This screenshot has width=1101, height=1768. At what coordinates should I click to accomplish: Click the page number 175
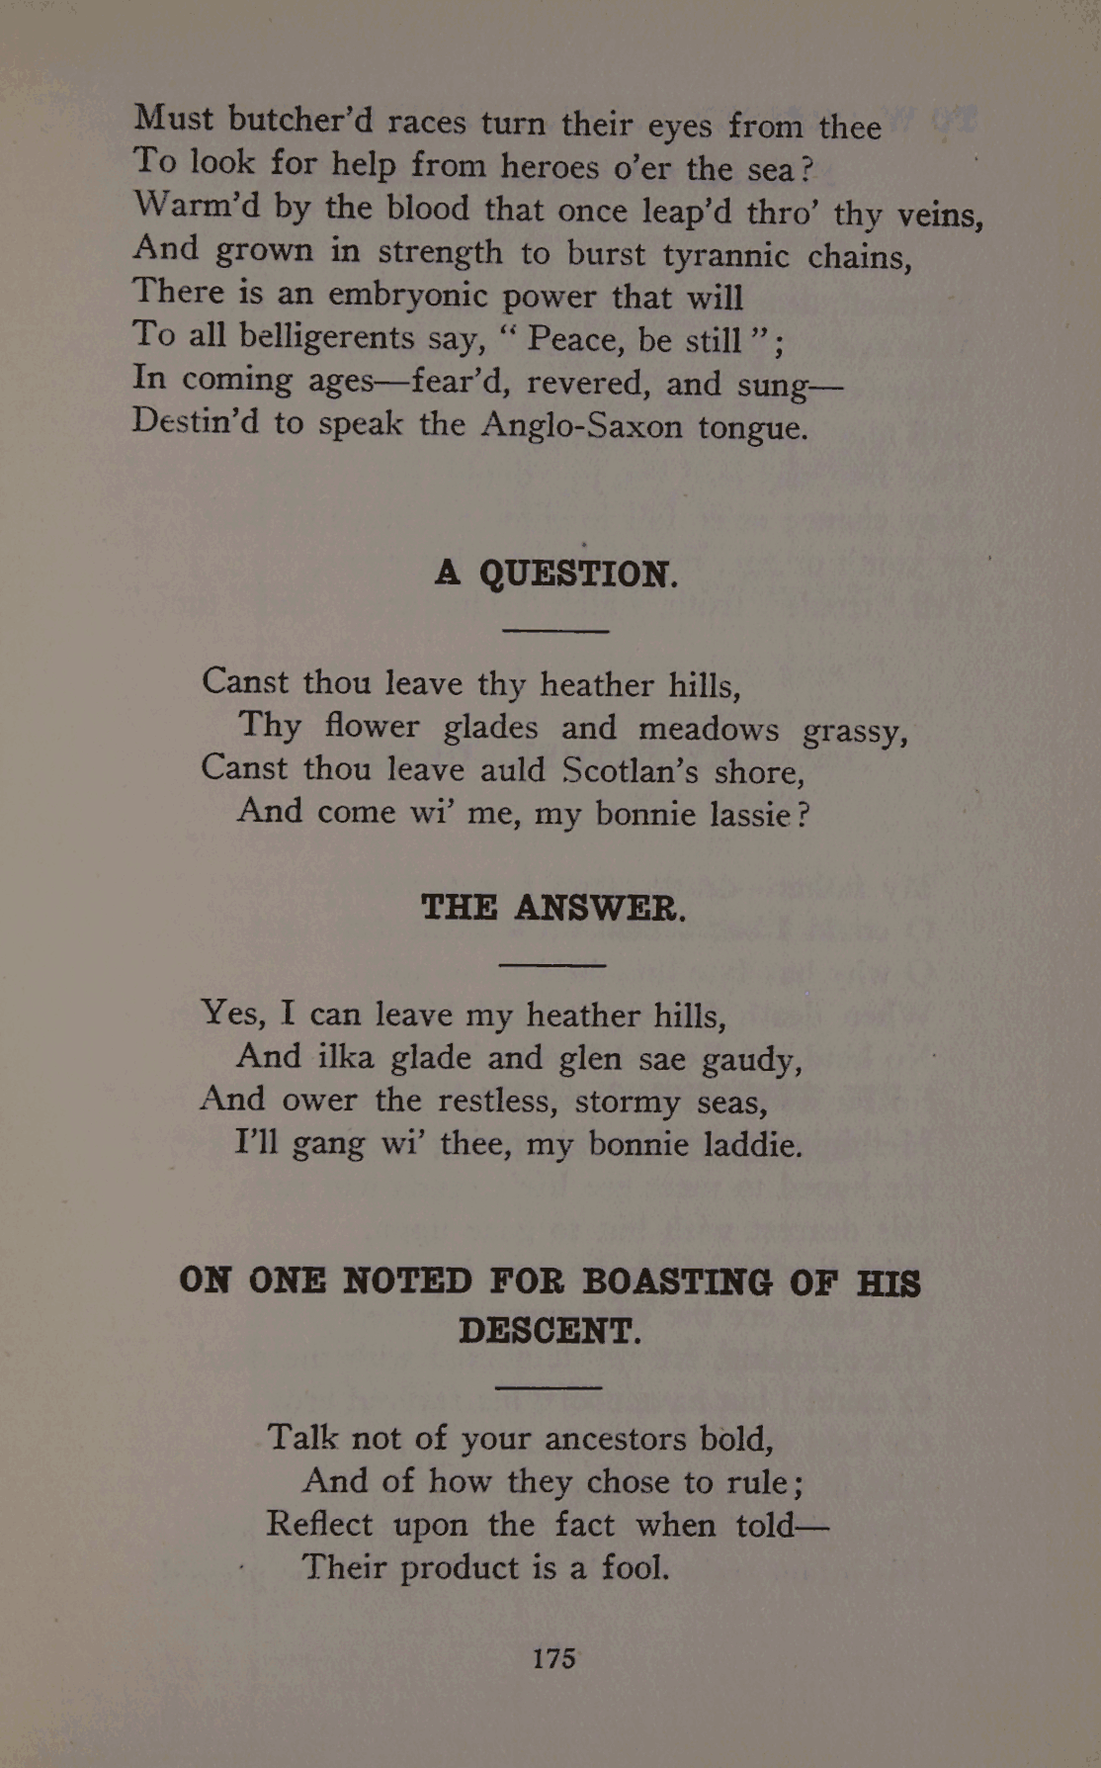[x=553, y=1658]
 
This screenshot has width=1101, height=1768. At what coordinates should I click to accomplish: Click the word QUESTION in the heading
[x=579, y=574]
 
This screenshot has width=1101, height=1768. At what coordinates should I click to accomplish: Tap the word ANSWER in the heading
[x=600, y=908]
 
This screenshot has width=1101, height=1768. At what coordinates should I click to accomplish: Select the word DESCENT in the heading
[x=550, y=1331]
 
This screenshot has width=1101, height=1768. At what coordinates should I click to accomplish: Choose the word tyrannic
[x=726, y=255]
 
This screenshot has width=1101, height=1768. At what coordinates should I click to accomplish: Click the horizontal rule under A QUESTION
[x=554, y=631]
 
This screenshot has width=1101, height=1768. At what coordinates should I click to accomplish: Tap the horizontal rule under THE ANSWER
[x=552, y=964]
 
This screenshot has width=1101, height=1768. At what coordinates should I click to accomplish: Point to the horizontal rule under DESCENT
[x=548, y=1387]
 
